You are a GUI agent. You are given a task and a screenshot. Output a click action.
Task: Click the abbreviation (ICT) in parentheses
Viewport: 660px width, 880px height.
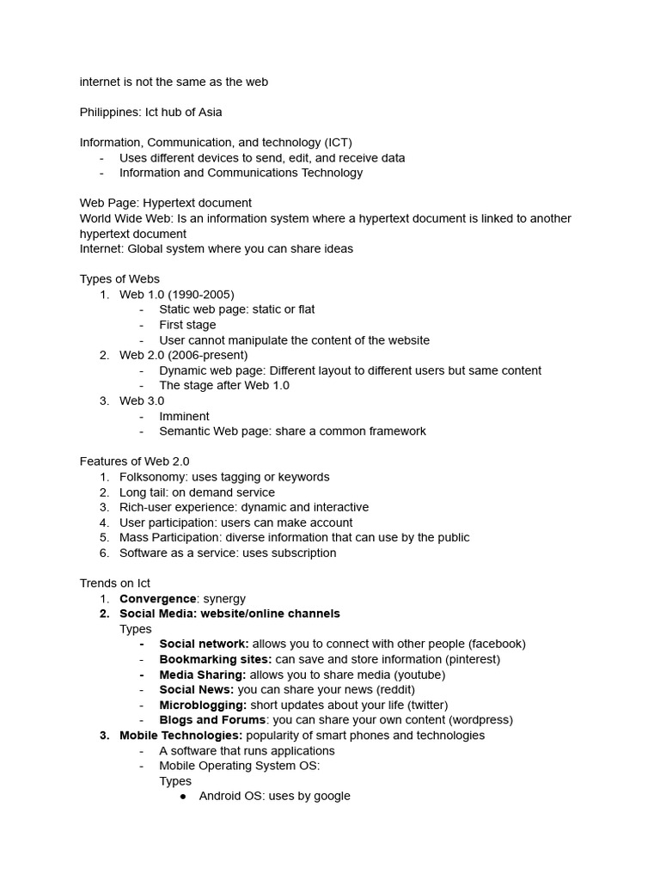(x=338, y=143)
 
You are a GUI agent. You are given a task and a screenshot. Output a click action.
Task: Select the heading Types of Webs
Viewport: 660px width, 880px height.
(x=119, y=279)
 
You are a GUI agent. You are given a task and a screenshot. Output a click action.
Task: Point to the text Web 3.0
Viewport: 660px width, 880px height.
(x=142, y=400)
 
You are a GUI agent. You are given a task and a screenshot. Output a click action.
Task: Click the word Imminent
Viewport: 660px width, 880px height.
(x=184, y=416)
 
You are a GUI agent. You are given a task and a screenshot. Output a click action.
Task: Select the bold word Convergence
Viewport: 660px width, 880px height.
(x=158, y=598)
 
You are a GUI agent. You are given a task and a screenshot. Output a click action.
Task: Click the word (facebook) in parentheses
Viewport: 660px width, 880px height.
(x=497, y=644)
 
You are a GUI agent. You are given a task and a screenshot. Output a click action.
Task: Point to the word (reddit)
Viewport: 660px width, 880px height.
(x=395, y=690)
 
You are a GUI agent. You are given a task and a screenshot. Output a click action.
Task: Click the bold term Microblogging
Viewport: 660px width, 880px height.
(x=203, y=705)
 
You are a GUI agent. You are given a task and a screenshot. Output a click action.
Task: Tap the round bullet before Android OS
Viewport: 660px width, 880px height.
(x=183, y=797)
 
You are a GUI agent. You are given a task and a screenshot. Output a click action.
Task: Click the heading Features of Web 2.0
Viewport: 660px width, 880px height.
(x=134, y=461)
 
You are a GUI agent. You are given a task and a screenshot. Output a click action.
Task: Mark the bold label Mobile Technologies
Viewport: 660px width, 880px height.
(x=180, y=736)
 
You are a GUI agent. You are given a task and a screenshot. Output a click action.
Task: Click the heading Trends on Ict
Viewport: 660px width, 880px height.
(x=115, y=584)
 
